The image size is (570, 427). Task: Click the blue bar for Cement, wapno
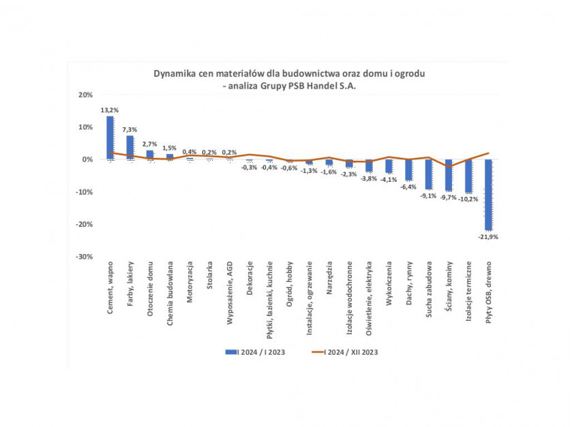pos(110,138)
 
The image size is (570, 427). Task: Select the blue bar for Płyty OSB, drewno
pos(488,194)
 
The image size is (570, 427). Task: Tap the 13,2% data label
pos(110,110)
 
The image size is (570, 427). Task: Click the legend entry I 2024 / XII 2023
pos(349,352)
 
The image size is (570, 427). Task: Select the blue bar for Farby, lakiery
pos(130,147)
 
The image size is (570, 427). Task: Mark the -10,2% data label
pos(468,199)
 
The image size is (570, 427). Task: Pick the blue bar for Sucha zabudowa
pos(428,174)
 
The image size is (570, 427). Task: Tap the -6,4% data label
pos(408,187)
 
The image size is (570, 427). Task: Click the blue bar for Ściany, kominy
pos(449,175)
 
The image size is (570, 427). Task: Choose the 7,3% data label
pos(130,129)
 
